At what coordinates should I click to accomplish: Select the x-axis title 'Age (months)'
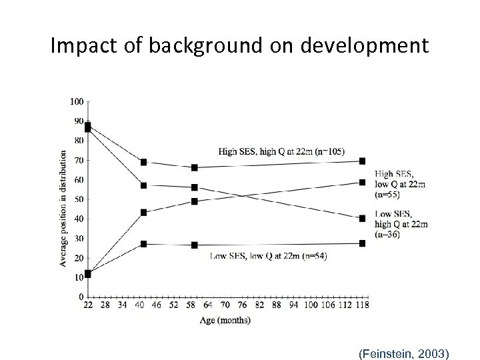[x=225, y=320]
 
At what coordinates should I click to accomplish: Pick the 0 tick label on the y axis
[x=81, y=297]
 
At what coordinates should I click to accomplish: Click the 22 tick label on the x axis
[x=87, y=305]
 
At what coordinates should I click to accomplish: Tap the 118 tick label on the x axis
[x=361, y=305]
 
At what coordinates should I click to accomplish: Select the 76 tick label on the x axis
[x=242, y=305]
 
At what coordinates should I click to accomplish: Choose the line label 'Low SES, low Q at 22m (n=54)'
[x=269, y=255]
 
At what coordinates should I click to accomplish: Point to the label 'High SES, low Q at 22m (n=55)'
[x=399, y=184]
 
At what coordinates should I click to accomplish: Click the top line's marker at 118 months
[x=362, y=161]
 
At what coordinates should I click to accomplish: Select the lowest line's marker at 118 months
[x=362, y=243]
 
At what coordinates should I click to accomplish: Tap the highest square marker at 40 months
[x=143, y=162]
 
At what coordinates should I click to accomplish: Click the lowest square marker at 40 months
[x=143, y=244]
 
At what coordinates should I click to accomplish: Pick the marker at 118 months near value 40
[x=362, y=218]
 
